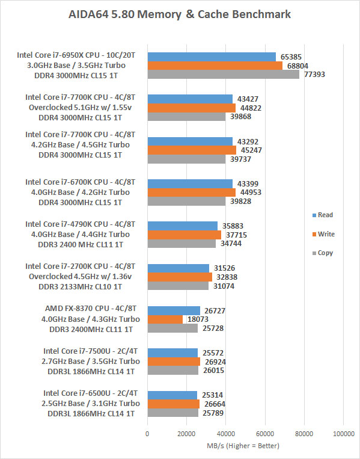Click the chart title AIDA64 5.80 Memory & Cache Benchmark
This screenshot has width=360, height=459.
pyautogui.click(x=180, y=14)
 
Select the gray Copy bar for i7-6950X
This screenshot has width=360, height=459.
pyautogui.click(x=224, y=75)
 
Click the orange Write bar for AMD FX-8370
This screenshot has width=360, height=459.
pyautogui.click(x=165, y=319)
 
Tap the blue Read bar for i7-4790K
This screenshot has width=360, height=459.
pyautogui.click(x=183, y=226)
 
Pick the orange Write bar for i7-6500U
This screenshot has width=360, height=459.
pyautogui.click(x=174, y=404)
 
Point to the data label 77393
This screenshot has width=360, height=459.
pyautogui.click(x=314, y=75)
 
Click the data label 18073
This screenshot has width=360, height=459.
pyautogui.click(x=198, y=319)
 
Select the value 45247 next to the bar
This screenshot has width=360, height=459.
pyautogui.click(x=251, y=150)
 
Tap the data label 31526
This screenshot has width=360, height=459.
pyautogui.click(x=224, y=268)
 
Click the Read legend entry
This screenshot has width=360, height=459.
pyautogui.click(x=323, y=215)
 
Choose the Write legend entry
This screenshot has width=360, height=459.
pyautogui.click(x=323, y=234)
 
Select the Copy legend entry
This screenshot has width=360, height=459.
pyautogui.click(x=323, y=253)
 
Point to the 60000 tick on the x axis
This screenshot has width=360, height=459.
pyautogui.click(x=265, y=434)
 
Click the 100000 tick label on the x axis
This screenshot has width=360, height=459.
pyautogui.click(x=344, y=434)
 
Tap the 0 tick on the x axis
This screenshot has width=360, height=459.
pyautogui.click(x=147, y=434)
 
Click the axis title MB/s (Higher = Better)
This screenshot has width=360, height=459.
pyautogui.click(x=243, y=446)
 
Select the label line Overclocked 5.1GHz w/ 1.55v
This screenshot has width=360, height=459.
pyautogui.click(x=80, y=108)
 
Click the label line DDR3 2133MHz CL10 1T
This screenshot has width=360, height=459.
pyautogui.click(x=80, y=286)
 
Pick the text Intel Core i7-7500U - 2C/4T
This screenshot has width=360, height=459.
pyautogui.click(x=90, y=351)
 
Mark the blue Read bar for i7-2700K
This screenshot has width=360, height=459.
pyautogui.click(x=178, y=268)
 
